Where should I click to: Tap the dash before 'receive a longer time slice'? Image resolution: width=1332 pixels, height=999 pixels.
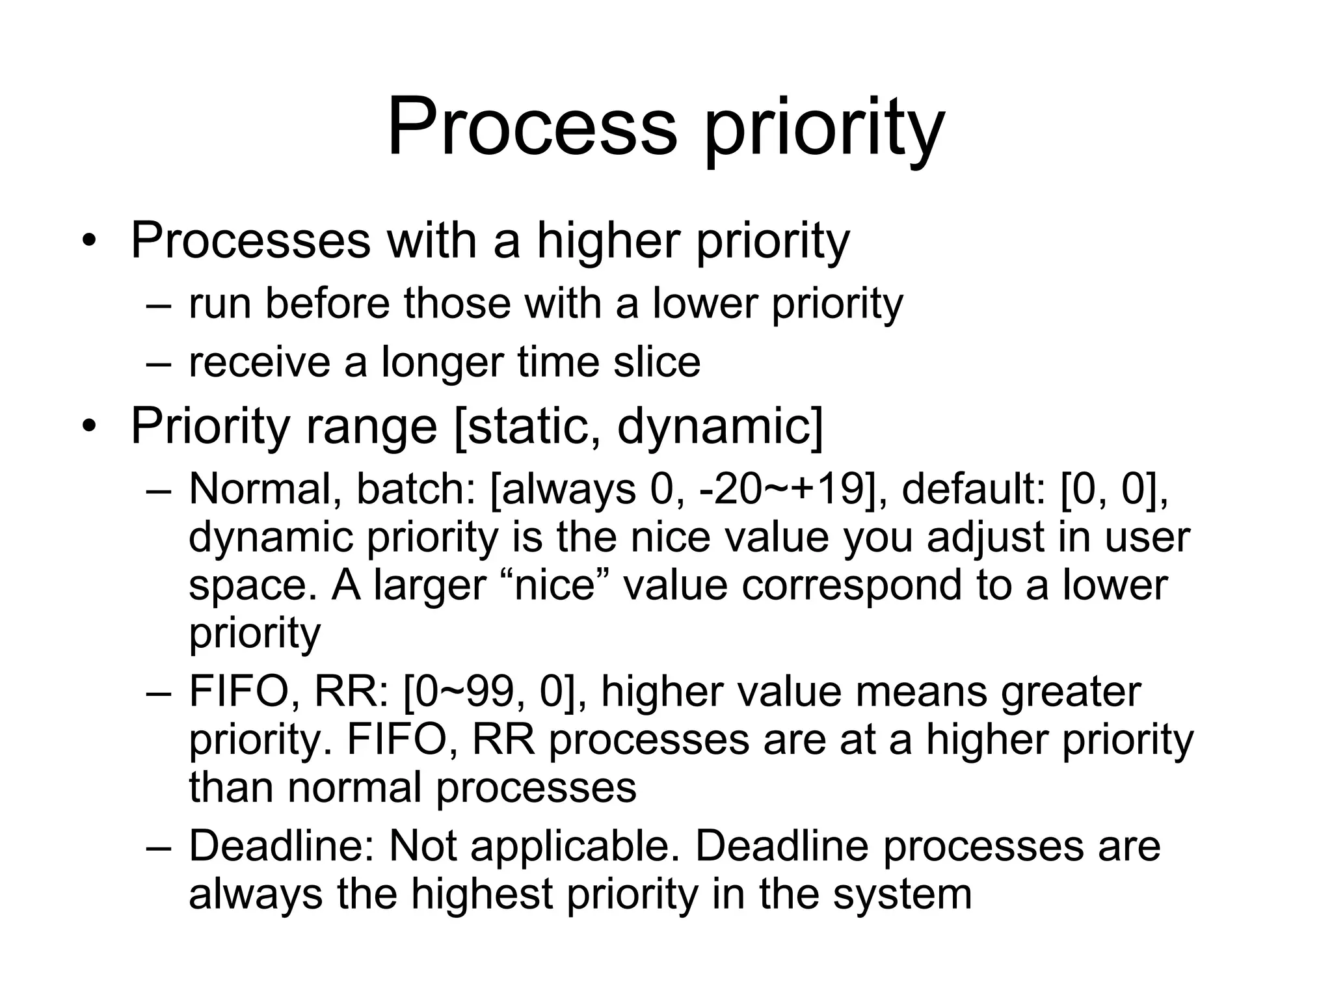159,363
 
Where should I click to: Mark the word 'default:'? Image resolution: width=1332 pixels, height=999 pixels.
973,489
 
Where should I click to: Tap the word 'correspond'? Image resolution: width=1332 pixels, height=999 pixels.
850,585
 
